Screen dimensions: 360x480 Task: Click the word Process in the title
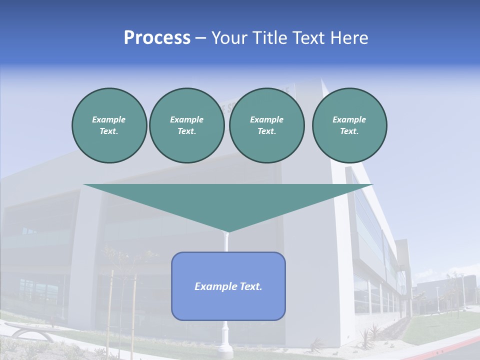[x=157, y=38]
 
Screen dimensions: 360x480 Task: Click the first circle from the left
[x=109, y=125]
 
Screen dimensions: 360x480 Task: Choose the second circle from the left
[x=186, y=125]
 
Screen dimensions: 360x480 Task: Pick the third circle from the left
[x=266, y=125]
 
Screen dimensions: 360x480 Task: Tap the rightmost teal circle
[x=349, y=125]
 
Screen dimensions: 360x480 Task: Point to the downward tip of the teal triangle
[x=228, y=231]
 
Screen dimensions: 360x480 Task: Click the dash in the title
[x=201, y=38]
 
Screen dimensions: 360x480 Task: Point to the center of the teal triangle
[x=228, y=200]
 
